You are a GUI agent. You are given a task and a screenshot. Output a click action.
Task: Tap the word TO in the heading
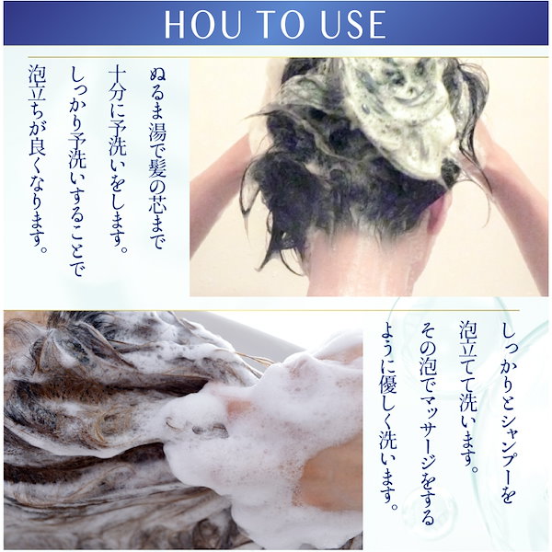click(x=280, y=24)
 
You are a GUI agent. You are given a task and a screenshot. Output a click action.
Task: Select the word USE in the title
click(x=352, y=24)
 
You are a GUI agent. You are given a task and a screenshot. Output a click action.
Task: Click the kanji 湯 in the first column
click(x=157, y=131)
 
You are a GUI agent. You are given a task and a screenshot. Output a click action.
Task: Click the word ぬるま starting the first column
click(x=157, y=94)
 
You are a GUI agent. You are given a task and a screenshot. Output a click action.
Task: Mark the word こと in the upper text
click(x=76, y=240)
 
